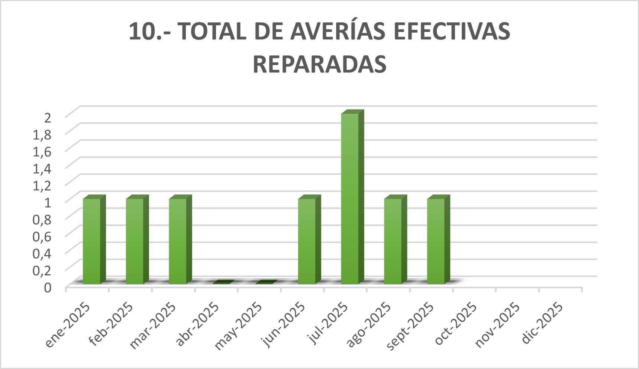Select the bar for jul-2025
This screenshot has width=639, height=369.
pyautogui.click(x=350, y=199)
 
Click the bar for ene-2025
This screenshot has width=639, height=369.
pyautogui.click(x=92, y=242)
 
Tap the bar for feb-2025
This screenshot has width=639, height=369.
pyautogui.click(x=135, y=242)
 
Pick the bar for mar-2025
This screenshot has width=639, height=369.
pyautogui.click(x=178, y=242)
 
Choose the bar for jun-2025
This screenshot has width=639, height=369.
pyautogui.click(x=307, y=242)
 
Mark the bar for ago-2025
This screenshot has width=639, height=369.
pyautogui.click(x=393, y=242)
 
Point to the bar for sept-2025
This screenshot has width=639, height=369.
pyautogui.click(x=436, y=242)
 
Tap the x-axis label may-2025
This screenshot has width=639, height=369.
pyautogui.click(x=239, y=326)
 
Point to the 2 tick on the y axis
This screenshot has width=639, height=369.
pyautogui.click(x=47, y=118)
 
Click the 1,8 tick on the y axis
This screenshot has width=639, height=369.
pyautogui.click(x=42, y=135)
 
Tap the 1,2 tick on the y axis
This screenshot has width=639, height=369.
pyautogui.click(x=42, y=185)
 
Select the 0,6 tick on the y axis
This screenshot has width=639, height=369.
pyautogui.click(x=42, y=236)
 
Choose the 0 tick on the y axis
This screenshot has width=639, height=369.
pyautogui.click(x=48, y=287)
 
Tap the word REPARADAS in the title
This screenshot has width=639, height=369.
pyautogui.click(x=320, y=64)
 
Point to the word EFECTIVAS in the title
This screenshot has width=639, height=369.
pyautogui.click(x=452, y=31)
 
